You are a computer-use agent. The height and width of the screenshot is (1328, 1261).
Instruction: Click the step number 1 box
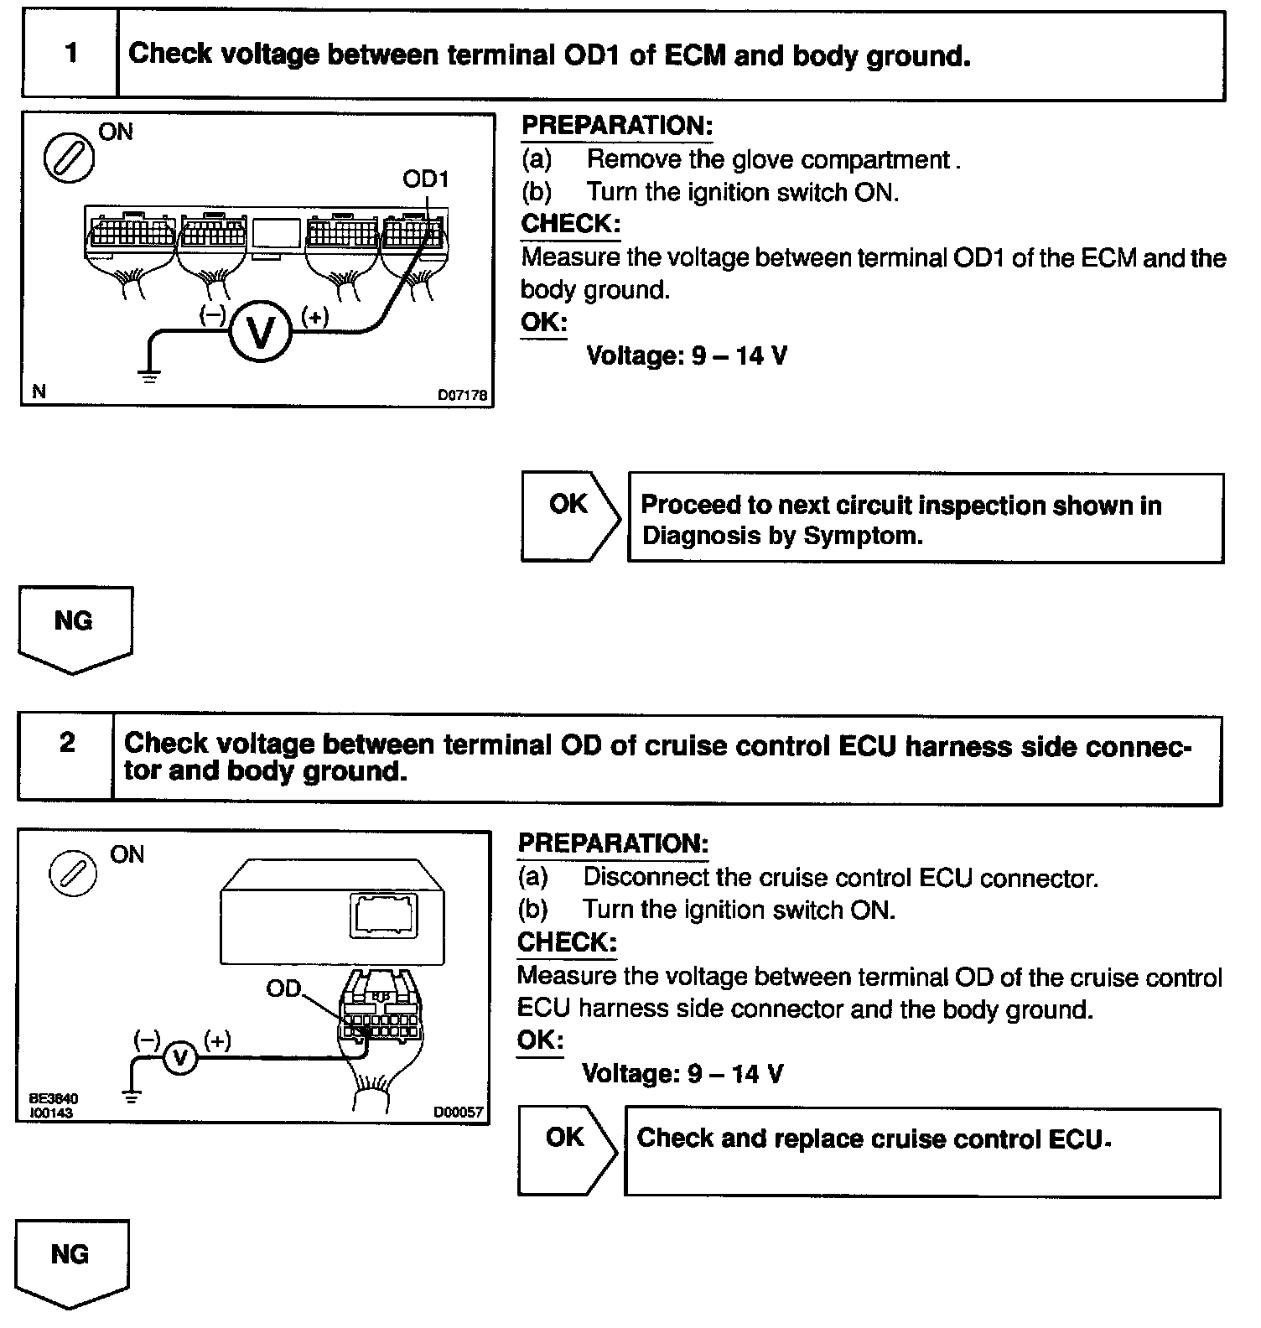coord(70,54)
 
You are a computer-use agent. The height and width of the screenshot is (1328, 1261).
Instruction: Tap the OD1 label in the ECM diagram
coord(425,179)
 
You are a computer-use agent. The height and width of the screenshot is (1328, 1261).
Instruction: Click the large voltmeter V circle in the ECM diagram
coord(261,332)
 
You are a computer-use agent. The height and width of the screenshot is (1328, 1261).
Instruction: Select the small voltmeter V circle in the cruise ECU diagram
coord(179,1059)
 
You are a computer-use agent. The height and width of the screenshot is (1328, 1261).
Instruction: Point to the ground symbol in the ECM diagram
coord(150,375)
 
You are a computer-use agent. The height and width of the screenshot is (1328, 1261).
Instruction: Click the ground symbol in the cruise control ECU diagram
coord(132,1094)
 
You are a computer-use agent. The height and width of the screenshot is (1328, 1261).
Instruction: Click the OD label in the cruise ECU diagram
coord(283,989)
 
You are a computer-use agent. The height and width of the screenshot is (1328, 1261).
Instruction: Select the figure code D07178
coord(462,395)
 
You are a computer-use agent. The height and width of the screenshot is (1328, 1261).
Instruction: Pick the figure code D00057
coord(458,1113)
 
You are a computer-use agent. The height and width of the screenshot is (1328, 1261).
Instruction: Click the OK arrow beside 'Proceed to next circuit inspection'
coord(569,516)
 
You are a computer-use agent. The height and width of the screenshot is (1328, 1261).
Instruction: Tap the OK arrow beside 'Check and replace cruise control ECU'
coord(566,1149)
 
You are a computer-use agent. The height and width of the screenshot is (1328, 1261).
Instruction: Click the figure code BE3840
coord(54,1098)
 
